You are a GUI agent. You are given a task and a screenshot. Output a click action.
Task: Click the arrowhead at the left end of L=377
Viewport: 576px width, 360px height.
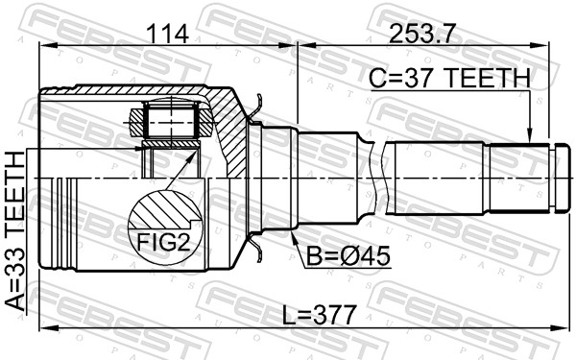pos(43,329)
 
